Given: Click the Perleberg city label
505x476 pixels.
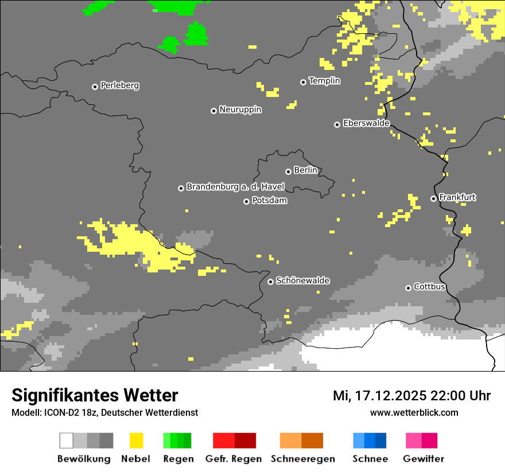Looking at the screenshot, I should pyautogui.click(x=119, y=85).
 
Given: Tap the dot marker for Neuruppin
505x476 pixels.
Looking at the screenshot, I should pyautogui.click(x=213, y=111).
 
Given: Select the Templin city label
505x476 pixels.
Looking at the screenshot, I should pyautogui.click(x=324, y=81).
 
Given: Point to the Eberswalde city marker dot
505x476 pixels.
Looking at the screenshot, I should pyautogui.click(x=337, y=124).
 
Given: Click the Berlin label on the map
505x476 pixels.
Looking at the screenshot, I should pyautogui.click(x=305, y=170).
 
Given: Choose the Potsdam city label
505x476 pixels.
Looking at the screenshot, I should pyautogui.click(x=269, y=201).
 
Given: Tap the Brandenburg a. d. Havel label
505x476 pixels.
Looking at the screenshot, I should pyautogui.click(x=235, y=187).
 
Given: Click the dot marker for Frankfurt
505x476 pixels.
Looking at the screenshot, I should pyautogui.click(x=433, y=198).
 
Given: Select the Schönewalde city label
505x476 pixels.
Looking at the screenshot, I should pyautogui.click(x=302, y=280).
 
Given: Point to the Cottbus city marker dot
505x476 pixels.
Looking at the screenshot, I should pyautogui.click(x=408, y=288).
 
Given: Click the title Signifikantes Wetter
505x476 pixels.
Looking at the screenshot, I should pyautogui.click(x=95, y=395).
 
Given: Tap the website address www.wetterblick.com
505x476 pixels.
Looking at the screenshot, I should pyautogui.click(x=414, y=412).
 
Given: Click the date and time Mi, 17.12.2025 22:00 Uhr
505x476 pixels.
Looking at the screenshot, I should pyautogui.click(x=411, y=396).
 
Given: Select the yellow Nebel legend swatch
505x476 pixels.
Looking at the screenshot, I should pyautogui.click(x=136, y=440).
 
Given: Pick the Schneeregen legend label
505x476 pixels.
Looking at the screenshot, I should pyautogui.click(x=303, y=459).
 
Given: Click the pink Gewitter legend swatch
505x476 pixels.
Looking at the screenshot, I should pyautogui.click(x=422, y=440).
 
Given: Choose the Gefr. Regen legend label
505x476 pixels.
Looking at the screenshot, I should pyautogui.click(x=233, y=459).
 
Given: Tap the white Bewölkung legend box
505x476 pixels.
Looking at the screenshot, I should pyautogui.click(x=67, y=440).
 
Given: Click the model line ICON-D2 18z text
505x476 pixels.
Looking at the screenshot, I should pyautogui.click(x=104, y=412).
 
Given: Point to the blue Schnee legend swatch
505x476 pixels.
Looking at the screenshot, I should pyautogui.click(x=370, y=440).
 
